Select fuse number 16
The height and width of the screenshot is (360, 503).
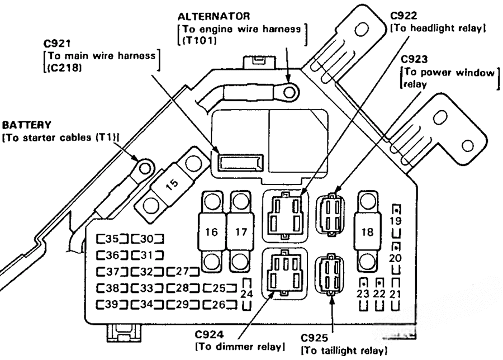coord(212,231)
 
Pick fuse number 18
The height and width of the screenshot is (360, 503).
coord(367,231)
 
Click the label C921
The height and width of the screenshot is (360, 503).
coord(58,44)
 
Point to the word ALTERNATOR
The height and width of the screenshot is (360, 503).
coord(210,16)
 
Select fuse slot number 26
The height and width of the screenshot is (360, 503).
coord(217,305)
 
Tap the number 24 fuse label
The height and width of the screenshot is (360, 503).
coord(246,293)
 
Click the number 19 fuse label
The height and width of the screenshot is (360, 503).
coord(395,221)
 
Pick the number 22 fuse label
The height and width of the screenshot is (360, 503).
coord(379,293)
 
